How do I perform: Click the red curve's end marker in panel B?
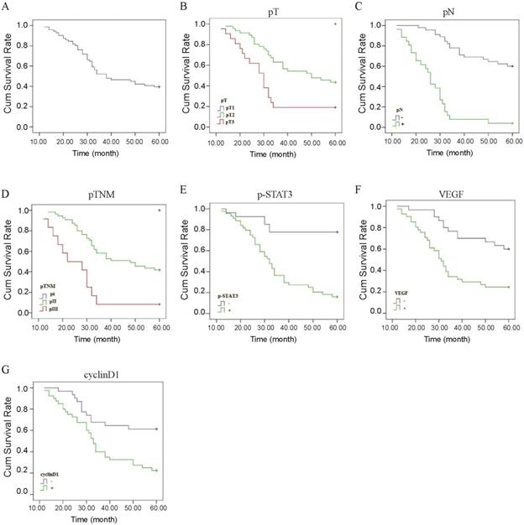coord(335,107)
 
